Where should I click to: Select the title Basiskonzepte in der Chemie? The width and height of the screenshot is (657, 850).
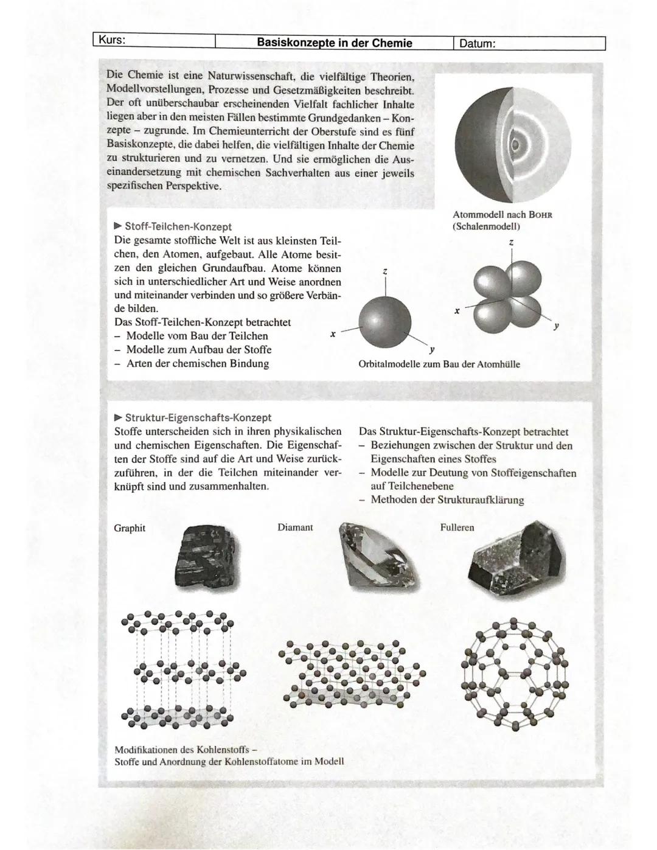(x=335, y=43)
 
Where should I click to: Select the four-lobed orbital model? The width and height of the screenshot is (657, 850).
(x=507, y=296)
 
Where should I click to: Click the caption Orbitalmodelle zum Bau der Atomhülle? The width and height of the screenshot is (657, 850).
(x=439, y=364)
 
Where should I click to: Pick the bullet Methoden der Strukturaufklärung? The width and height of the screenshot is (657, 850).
(x=447, y=500)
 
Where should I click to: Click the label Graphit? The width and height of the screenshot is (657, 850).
(x=130, y=528)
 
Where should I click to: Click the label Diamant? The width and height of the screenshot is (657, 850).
(x=295, y=528)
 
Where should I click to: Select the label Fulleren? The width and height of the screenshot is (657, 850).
(x=457, y=528)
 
